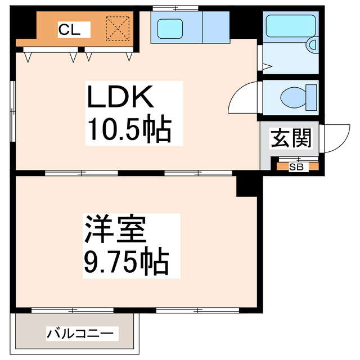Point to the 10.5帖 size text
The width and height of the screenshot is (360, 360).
click(128, 130)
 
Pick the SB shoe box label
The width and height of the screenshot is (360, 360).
click(296, 166)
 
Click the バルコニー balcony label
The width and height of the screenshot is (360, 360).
click(83, 333)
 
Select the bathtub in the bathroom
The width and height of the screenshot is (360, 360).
click(289, 26)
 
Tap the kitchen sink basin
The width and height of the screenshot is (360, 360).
click(171, 27)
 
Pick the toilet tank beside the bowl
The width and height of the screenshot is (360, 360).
click(311, 97)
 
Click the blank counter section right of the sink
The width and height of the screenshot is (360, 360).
click(214, 27)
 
